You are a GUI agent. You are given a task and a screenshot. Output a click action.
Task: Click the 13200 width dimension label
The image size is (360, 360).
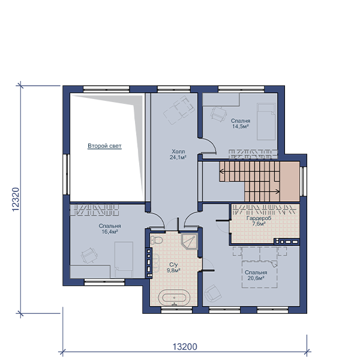click(185, 347)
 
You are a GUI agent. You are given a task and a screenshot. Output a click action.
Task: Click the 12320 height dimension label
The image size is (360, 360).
click(16, 200)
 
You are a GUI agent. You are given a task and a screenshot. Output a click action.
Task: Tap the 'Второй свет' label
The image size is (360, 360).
click(104, 146)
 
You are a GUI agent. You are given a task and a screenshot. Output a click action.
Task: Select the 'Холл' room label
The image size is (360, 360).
click(178, 152)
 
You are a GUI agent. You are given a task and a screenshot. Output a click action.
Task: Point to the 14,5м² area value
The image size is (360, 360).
click(241, 127)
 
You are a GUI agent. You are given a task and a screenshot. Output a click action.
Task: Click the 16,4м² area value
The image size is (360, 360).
click(110, 232)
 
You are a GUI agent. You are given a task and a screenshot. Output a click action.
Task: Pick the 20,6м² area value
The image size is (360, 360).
click(256, 278)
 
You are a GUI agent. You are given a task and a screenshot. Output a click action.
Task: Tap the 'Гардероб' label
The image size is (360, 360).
click(259, 218)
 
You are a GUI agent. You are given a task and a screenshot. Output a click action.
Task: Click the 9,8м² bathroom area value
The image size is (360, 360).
click(173, 271)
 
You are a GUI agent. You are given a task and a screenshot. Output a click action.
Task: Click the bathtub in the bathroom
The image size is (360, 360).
click(174, 298)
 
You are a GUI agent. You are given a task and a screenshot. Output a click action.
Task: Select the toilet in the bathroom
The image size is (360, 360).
click(157, 240)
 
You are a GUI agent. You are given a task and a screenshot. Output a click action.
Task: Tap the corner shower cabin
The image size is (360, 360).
click(189, 242)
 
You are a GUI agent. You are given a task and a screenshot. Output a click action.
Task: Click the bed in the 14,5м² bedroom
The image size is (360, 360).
click(266, 121)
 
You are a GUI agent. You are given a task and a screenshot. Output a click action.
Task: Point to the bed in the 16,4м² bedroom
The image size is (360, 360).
click(124, 260)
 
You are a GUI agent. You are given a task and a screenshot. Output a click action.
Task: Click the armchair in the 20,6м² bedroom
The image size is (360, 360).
click(213, 293)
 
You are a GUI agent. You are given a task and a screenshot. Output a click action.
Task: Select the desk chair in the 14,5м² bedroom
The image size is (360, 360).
click(219, 113)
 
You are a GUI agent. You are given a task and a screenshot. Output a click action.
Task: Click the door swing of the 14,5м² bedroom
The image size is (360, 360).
click(209, 145)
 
